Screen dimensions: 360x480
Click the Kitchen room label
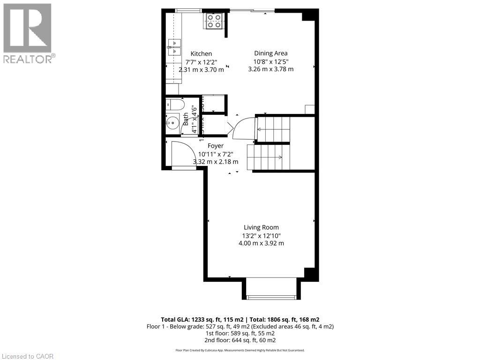[201, 54]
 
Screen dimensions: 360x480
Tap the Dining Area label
[270, 53]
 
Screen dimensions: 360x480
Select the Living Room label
[261, 228]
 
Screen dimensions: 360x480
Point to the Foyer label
[216, 146]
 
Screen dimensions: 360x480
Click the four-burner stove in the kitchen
[214, 21]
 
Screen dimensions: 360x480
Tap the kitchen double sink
[174, 48]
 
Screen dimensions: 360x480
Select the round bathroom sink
[172, 123]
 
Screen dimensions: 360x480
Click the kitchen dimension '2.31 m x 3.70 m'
[201, 70]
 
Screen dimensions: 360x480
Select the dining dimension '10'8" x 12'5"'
[270, 61]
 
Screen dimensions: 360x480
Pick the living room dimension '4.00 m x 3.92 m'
[261, 243]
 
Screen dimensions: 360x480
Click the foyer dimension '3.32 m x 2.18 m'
[216, 162]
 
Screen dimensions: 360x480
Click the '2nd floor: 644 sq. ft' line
[240, 340]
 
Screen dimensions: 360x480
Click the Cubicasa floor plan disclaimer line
[240, 350]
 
